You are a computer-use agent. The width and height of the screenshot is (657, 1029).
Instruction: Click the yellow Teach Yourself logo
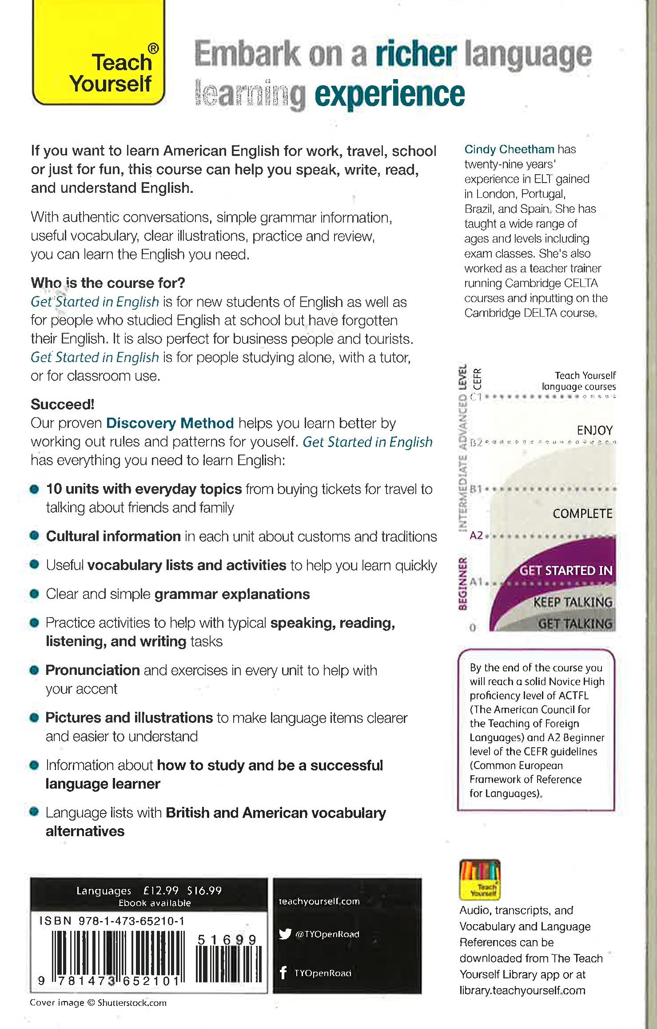coord(99,53)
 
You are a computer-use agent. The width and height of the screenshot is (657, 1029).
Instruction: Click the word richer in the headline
coord(416,54)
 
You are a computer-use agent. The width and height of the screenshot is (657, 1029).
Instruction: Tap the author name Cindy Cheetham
coord(509,149)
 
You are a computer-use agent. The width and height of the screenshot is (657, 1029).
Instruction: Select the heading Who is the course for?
coord(108,283)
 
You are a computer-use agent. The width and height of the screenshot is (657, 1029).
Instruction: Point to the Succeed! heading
coord(63,404)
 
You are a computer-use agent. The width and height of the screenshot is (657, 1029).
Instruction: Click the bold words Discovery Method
coord(170,423)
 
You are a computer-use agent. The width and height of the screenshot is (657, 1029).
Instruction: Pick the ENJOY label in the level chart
coord(594,430)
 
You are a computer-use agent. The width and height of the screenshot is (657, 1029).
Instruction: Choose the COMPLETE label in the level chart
coord(582,514)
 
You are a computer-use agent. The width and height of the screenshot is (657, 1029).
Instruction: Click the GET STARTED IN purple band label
coord(565,570)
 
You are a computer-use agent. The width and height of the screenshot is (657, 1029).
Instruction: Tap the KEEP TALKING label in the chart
coord(573,602)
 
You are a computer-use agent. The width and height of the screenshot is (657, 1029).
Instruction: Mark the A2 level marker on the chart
coord(476,535)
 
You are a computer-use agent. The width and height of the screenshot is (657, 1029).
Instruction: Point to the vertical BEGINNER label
coord(462,583)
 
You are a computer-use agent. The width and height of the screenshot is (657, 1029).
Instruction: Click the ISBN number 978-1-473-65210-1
coord(131,921)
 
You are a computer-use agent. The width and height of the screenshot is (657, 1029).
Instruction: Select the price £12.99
coord(161,890)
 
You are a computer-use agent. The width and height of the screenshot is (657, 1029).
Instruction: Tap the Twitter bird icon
coord(285,934)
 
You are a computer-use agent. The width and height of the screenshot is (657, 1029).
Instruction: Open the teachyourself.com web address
coord(319,901)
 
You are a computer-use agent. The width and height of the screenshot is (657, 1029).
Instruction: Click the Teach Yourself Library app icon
coord(480,880)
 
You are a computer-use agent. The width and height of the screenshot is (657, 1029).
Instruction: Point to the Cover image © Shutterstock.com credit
coord(98,1003)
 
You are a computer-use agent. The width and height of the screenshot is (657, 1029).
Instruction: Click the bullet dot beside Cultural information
coord(35,536)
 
